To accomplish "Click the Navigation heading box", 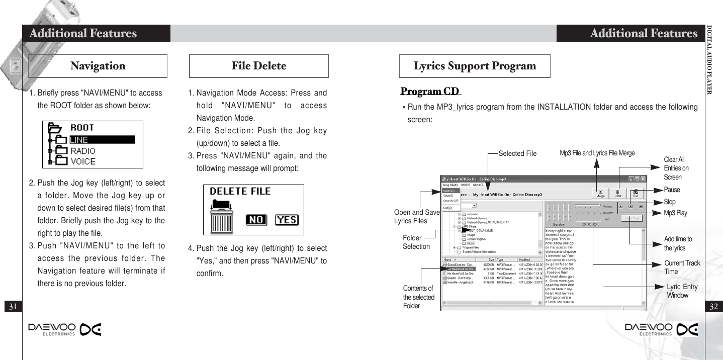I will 98,66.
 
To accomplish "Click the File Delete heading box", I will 258,66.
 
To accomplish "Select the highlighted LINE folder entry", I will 101,140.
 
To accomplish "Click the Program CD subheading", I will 430,92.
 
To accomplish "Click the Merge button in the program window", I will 600,193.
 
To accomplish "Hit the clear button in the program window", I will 618,193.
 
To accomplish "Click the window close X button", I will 643,178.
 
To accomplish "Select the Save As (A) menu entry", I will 450,201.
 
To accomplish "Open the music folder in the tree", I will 471,243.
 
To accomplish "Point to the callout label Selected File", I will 517,153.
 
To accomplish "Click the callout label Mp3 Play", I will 675,213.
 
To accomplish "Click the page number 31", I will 13,306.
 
